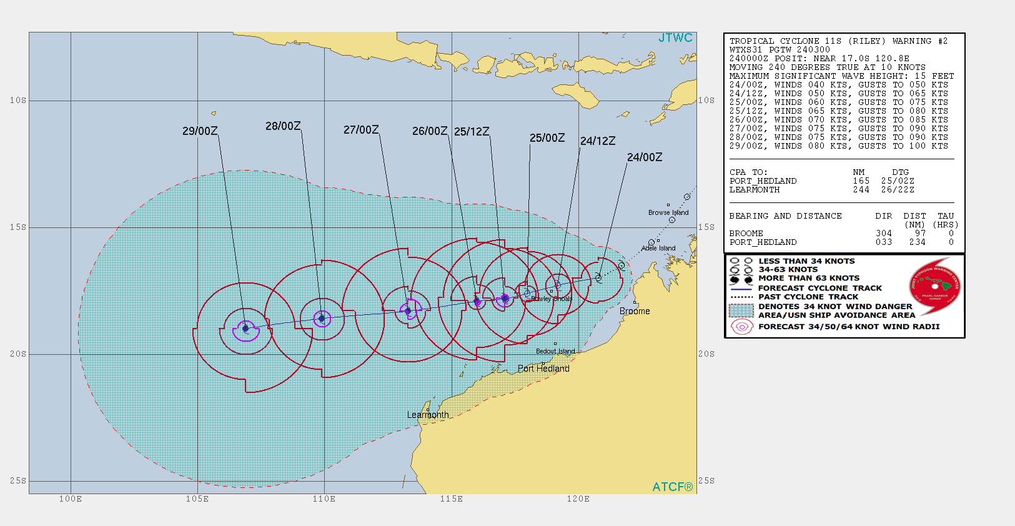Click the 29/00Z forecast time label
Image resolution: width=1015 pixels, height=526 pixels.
click(x=200, y=131)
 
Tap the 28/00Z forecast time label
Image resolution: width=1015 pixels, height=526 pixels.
click(x=283, y=126)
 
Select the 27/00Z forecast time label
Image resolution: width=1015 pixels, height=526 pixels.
click(x=361, y=130)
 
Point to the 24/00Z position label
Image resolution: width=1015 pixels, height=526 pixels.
click(x=645, y=157)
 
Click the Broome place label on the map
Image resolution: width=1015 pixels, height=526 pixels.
click(x=635, y=311)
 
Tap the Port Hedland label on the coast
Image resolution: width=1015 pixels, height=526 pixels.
click(x=543, y=369)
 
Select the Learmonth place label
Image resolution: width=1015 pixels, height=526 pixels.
click(x=428, y=415)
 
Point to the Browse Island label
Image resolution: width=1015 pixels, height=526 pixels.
click(x=668, y=212)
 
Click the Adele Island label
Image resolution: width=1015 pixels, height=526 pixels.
click(x=658, y=248)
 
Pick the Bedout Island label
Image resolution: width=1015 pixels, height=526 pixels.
click(x=555, y=351)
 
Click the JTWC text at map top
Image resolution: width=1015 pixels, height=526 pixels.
click(x=675, y=38)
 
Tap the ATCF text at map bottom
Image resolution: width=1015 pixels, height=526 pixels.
click(x=672, y=487)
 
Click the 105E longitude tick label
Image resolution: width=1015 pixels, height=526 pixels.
click(x=197, y=499)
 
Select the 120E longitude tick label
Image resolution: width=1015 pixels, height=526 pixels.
click(x=578, y=499)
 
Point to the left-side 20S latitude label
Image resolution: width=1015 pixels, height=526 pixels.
click(x=18, y=354)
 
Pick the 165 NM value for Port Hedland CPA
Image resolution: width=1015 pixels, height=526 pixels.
click(x=861, y=181)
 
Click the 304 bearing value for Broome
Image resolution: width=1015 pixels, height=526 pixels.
click(x=884, y=234)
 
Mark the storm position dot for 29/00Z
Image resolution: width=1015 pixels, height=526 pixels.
click(x=245, y=328)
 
